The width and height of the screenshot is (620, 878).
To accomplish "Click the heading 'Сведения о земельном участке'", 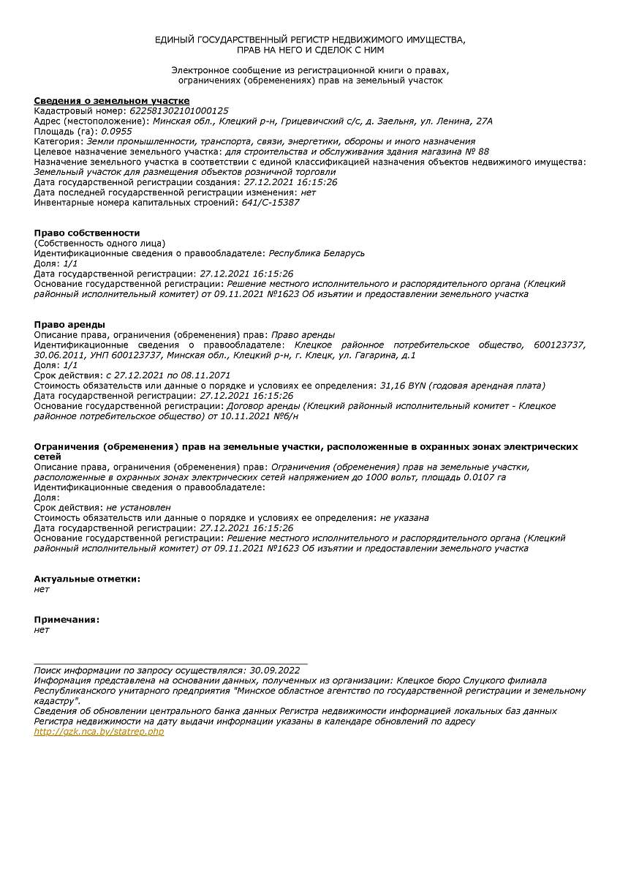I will [x=112, y=100].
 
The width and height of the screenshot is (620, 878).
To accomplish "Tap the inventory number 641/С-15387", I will [x=271, y=203].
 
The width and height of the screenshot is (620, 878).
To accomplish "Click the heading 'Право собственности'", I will [x=87, y=233].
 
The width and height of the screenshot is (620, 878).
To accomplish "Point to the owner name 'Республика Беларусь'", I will [x=317, y=253].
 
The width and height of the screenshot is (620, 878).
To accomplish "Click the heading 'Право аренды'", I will [x=69, y=324].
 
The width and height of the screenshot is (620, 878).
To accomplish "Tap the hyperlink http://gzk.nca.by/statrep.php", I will [x=99, y=732].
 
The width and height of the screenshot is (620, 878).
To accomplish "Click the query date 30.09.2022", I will [x=275, y=669].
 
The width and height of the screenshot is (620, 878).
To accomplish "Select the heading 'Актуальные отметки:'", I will [x=87, y=579].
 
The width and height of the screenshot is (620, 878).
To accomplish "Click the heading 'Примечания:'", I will [x=67, y=620].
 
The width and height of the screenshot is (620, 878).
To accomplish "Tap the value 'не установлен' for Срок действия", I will [x=138, y=507].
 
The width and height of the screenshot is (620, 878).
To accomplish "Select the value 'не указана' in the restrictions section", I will [x=404, y=517].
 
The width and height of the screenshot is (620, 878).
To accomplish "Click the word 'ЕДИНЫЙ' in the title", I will [x=174, y=39].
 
